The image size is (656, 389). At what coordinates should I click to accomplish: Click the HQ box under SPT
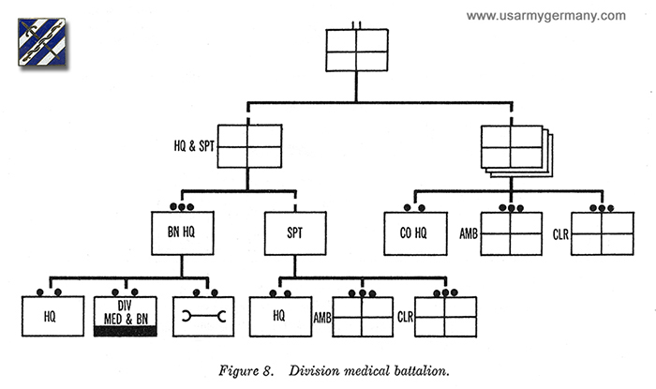tap(279, 317)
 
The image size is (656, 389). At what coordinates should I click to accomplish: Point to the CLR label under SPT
tap(405, 317)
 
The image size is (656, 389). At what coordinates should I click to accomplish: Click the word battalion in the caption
tap(417, 369)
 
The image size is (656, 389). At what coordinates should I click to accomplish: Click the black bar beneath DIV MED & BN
tap(125, 332)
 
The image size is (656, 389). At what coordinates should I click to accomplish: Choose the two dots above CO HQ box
tap(410, 207)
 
